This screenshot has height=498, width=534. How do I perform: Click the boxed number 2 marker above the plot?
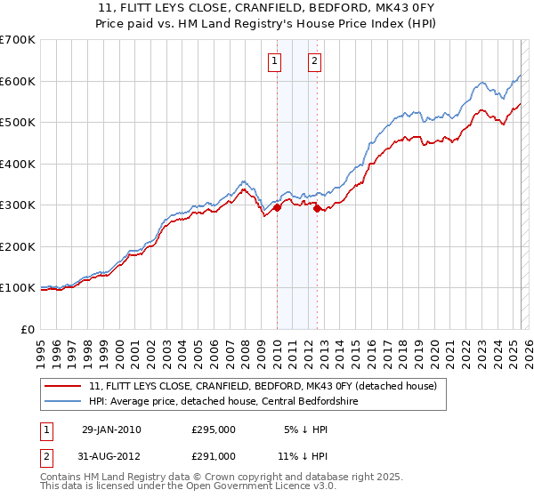315,61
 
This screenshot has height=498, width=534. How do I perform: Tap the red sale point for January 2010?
277,207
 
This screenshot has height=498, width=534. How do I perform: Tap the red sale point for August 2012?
318,208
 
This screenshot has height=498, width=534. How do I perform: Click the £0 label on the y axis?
28,329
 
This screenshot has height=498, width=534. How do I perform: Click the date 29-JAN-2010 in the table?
111,430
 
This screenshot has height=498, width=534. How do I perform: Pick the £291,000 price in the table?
214,455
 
